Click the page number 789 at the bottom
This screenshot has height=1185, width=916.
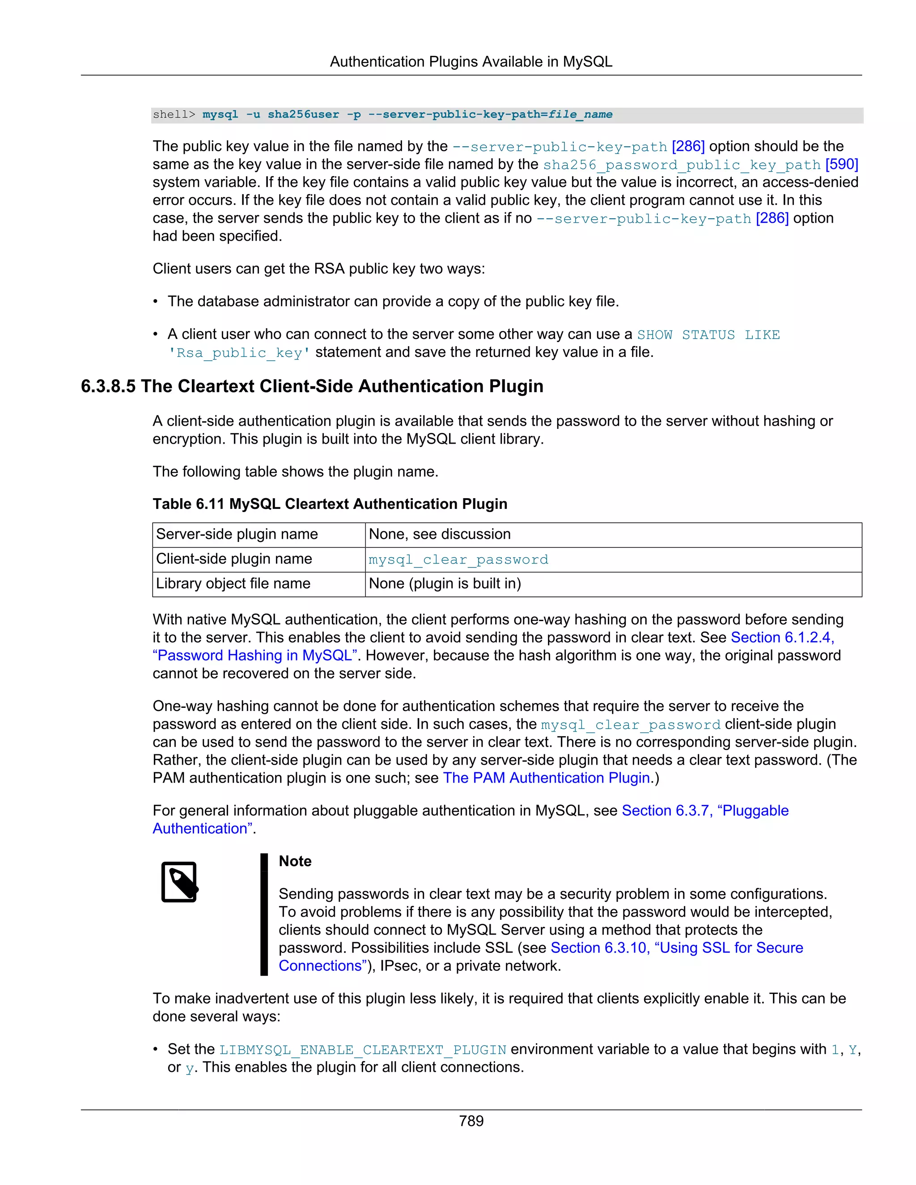pos(471,1121)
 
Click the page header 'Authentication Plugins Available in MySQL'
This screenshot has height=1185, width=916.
pos(471,62)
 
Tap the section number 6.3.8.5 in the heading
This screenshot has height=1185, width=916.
pos(108,386)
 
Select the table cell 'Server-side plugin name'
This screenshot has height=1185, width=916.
pos(237,534)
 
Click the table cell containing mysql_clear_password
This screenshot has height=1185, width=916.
pos(458,559)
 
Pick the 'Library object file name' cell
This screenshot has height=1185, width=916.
pos(233,584)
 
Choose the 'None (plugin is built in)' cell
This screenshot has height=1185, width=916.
pos(445,584)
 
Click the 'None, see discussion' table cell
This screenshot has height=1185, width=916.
pos(440,534)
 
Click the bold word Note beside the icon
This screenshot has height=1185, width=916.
pos(295,861)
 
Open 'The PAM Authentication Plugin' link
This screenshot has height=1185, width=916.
pos(547,778)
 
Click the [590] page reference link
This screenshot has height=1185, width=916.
pos(842,165)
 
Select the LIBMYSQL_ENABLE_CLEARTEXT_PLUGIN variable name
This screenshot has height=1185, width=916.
pos(362,1050)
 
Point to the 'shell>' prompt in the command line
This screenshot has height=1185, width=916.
pos(174,114)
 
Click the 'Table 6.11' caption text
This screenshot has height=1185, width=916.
pos(188,504)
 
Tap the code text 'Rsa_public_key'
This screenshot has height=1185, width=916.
pos(239,353)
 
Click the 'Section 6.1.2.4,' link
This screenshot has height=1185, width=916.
pos(782,638)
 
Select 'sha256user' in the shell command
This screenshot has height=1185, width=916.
pos(303,114)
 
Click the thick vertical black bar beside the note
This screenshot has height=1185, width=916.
pos(264,914)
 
